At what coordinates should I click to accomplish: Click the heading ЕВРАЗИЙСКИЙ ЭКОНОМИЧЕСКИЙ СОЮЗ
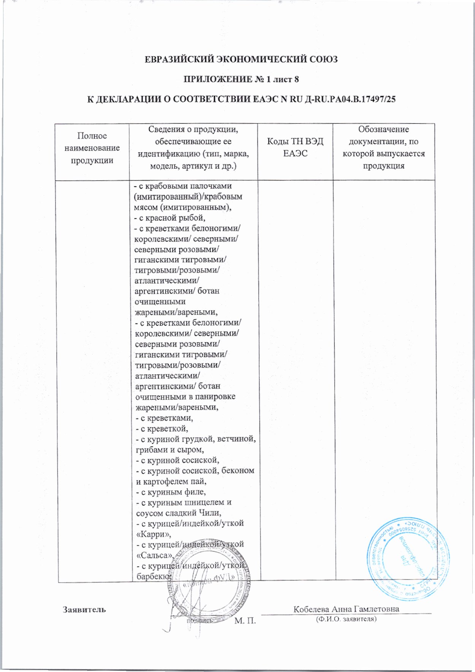pos(242,60)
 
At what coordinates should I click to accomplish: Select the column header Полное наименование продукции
pos(92,148)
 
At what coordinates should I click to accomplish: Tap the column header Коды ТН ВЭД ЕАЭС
pos(295,147)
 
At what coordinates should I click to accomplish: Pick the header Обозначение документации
pos(383,147)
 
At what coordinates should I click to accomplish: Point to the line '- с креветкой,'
pos(162,429)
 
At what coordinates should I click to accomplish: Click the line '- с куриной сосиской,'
pos(178,460)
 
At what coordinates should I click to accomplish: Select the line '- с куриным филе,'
pos(171,492)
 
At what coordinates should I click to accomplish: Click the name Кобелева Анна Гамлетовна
pos(346,609)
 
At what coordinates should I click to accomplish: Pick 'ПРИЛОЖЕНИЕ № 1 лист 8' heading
pos(241,80)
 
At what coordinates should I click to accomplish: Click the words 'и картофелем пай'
pos(171,481)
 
